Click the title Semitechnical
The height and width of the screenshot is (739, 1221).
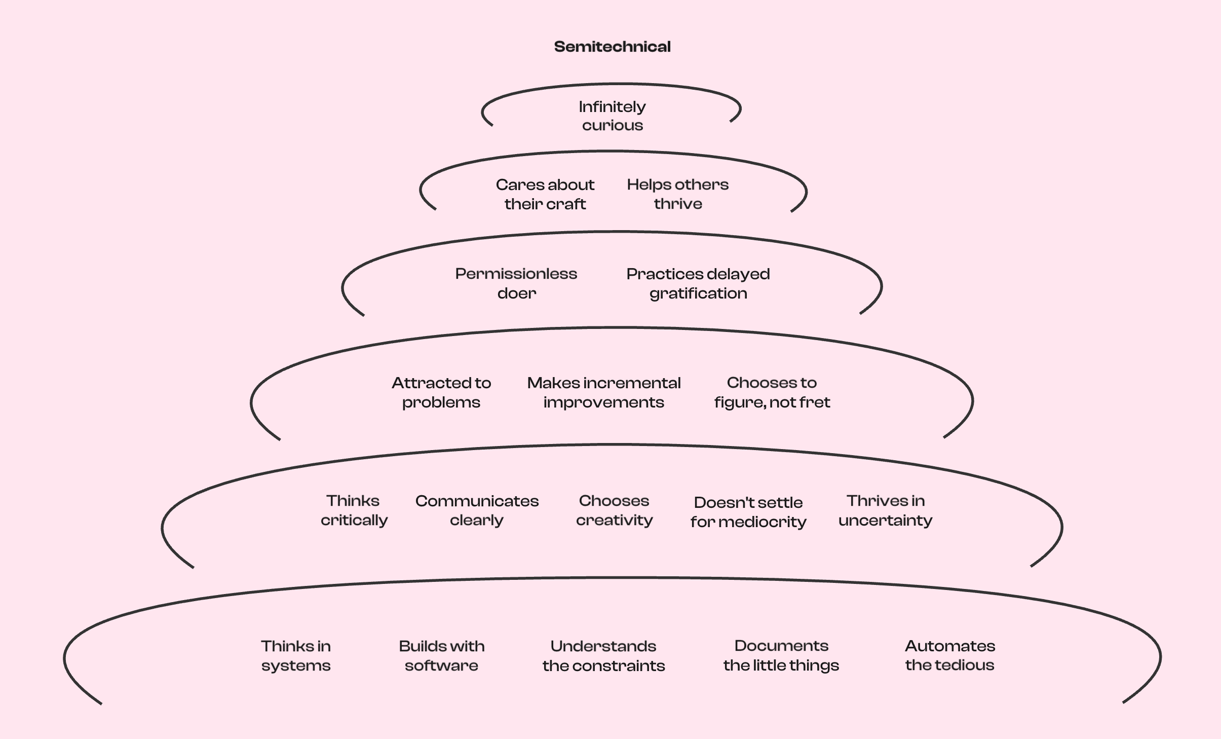pyautogui.click(x=612, y=47)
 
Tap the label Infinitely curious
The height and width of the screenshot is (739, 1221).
pyautogui.click(x=612, y=116)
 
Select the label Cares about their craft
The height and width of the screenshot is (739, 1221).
pyautogui.click(x=545, y=194)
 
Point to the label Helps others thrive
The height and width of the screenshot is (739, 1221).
pyautogui.click(x=678, y=194)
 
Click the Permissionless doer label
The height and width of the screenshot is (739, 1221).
pyautogui.click(x=516, y=283)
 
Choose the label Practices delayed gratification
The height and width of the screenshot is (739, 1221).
pyautogui.click(x=698, y=283)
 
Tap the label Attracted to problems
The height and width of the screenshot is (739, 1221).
pyautogui.click(x=441, y=392)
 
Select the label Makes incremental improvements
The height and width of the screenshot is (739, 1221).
pyautogui.click(x=604, y=392)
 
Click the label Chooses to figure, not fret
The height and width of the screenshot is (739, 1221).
pyautogui.click(x=772, y=392)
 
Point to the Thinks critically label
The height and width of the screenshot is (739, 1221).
pyautogui.click(x=354, y=510)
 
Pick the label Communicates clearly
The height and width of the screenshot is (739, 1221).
pyautogui.click(x=477, y=510)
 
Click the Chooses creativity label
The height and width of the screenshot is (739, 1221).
pyautogui.click(x=614, y=510)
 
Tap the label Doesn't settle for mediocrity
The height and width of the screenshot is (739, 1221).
pyautogui.click(x=748, y=512)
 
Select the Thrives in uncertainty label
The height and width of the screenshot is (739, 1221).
pyautogui.click(x=886, y=510)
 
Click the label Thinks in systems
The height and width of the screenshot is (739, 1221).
pyautogui.click(x=296, y=656)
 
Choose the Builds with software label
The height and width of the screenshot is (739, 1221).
pyautogui.click(x=441, y=656)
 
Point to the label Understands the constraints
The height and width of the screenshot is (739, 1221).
pyautogui.click(x=603, y=656)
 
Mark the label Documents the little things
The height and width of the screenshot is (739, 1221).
pyautogui.click(x=781, y=655)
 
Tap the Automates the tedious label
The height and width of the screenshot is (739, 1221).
pyautogui.click(x=950, y=655)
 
